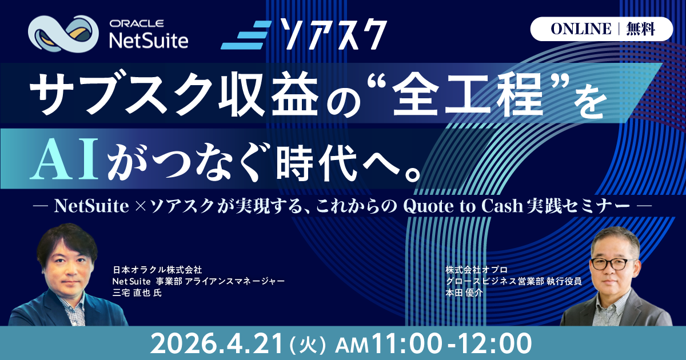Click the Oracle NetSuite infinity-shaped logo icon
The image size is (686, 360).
click(63, 34)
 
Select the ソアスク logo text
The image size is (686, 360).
click(333, 34)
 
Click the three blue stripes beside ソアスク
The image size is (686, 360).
click(246, 35)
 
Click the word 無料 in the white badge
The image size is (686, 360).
click(641, 29)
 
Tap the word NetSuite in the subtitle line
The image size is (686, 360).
click(91, 206)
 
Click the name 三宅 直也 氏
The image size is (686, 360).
click(137, 293)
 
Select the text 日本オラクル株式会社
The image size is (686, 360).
click(157, 270)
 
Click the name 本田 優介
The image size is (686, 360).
click(464, 293)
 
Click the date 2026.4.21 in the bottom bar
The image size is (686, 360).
click(216, 344)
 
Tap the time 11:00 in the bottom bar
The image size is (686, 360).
click(406, 344)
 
